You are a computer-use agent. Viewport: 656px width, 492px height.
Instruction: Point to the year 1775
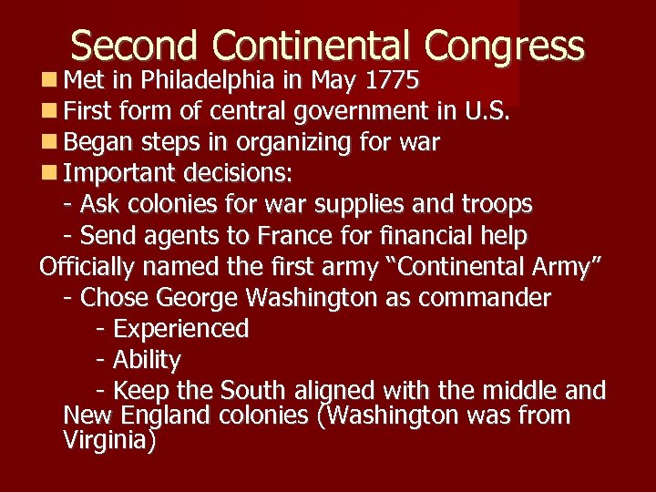pyautogui.click(x=391, y=81)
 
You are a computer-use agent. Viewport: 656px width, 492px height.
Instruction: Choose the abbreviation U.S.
pyautogui.click(x=487, y=111)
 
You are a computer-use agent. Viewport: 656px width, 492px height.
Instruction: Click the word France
pyautogui.click(x=295, y=236)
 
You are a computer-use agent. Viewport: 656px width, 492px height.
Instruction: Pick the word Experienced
pyautogui.click(x=180, y=329)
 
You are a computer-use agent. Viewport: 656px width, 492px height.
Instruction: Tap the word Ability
pyautogui.click(x=147, y=360)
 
